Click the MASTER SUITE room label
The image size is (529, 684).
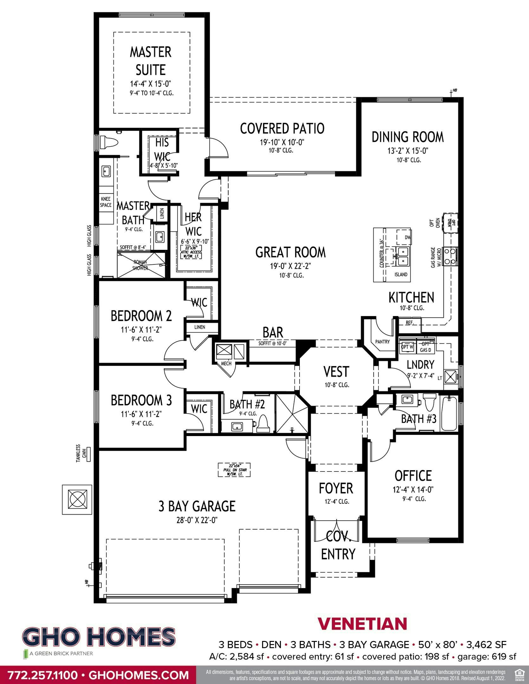point(151,61)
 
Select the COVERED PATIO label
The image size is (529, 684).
point(282,129)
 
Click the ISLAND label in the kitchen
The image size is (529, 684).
point(401,275)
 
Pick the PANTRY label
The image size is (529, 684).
point(382,342)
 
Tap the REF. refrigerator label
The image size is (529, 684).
point(410,323)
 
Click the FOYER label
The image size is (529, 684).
point(336,488)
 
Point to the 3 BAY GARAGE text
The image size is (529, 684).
point(197,506)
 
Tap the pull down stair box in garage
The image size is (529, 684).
point(235,470)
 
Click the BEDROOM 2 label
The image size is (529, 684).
point(141,316)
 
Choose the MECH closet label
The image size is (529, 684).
point(226,364)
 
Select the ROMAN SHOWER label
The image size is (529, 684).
point(140,265)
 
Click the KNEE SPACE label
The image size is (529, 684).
point(106,202)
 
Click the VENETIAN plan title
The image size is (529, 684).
point(362,624)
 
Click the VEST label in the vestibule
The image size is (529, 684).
point(336,372)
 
